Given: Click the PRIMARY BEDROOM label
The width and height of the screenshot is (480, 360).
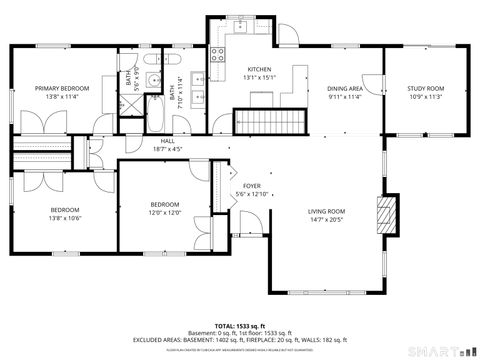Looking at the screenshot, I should tap(63, 88).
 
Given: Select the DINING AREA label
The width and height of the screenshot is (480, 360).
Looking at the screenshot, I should tap(345, 88).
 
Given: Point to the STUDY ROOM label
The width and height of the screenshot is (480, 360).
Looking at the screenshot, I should tap(425, 88).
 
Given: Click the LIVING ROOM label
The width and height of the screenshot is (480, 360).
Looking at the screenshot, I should tap(326, 211).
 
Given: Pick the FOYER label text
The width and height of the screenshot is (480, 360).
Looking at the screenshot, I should tap(252, 186).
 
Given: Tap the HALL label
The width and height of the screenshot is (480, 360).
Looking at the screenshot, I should tap(168, 142).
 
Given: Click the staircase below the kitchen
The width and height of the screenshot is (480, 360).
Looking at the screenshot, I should tap(268, 122).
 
